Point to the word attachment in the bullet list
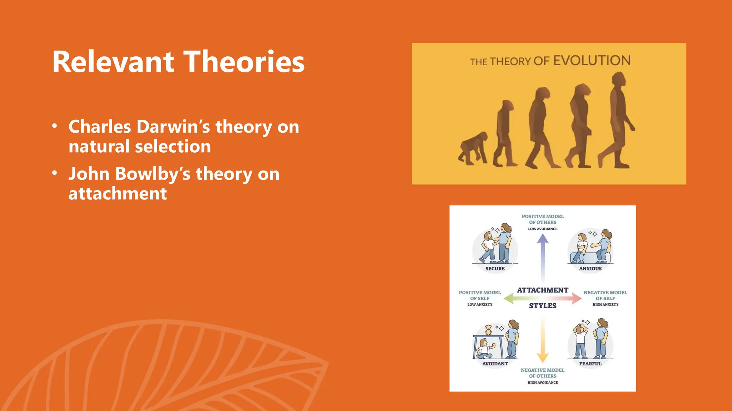[x=118, y=193]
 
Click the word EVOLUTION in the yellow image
[x=592, y=60]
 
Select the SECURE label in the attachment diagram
[x=495, y=269]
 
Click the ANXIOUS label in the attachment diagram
[x=590, y=269]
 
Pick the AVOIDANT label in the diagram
[x=495, y=364]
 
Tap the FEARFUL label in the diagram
[x=590, y=364]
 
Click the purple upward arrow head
[x=543, y=238]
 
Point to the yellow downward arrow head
[x=543, y=357]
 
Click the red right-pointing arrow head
[x=577, y=298]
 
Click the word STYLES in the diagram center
[x=543, y=306]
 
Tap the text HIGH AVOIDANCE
[x=543, y=382]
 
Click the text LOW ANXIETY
[x=480, y=305]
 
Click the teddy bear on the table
[x=489, y=330]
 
